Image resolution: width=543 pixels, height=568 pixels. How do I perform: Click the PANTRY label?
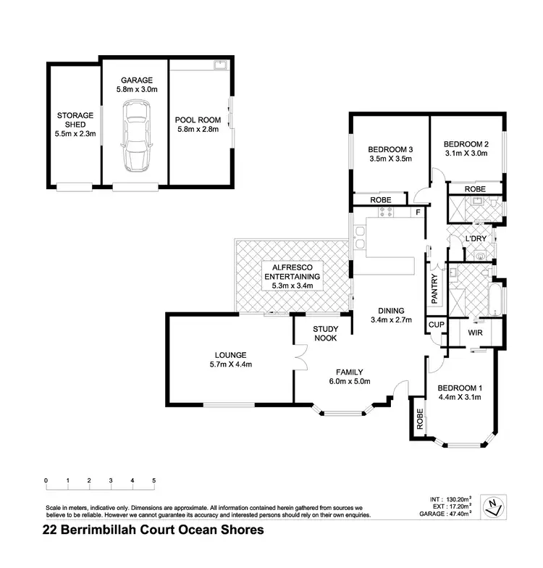coord(434,288)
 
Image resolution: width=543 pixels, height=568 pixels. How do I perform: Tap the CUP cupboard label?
coord(435,326)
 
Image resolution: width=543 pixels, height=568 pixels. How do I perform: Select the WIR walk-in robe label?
coord(475,333)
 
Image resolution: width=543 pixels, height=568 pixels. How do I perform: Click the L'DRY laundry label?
coord(475,238)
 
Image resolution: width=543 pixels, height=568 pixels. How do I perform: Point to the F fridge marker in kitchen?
coord(418,213)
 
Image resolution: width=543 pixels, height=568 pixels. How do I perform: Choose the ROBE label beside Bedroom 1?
coord(419,419)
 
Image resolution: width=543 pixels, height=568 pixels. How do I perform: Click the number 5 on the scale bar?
coord(153,480)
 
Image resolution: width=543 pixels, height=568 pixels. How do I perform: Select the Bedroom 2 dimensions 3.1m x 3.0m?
coord(466,153)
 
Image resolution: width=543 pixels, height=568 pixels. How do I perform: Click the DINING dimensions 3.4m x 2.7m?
coord(390,319)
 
